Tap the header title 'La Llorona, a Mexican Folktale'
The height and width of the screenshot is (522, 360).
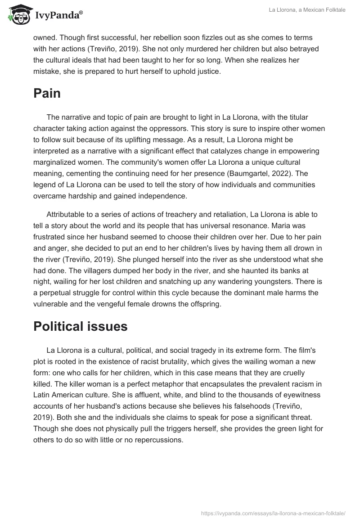click(307, 10)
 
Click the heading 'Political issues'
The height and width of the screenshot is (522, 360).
click(81, 326)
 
